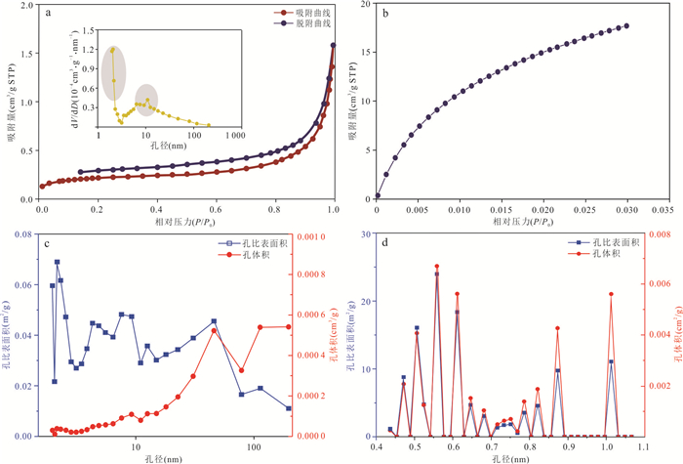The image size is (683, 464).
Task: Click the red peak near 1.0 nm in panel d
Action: [611, 294]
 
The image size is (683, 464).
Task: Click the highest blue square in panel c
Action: [57, 262]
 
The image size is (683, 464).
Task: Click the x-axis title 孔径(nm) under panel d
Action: [509, 457]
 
